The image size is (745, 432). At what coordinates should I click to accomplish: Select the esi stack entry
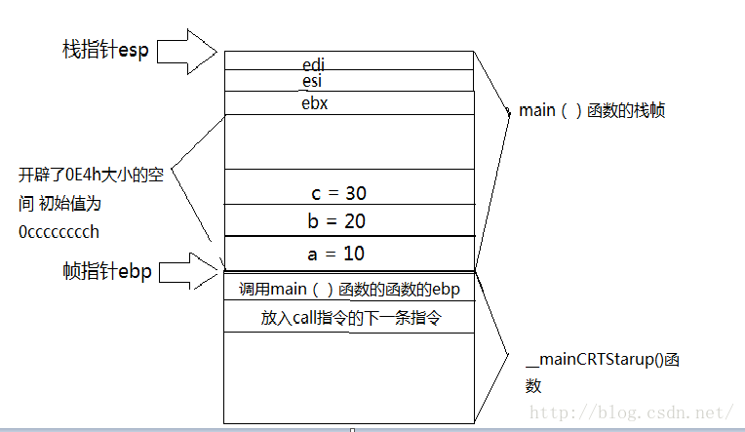[312, 82]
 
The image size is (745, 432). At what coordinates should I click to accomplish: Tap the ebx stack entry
[314, 102]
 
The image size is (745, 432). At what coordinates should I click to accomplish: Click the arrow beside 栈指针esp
[185, 50]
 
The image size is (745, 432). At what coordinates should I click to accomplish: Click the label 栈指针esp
[105, 51]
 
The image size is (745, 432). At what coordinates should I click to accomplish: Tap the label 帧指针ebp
[106, 272]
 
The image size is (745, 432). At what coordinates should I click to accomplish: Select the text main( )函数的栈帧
[592, 110]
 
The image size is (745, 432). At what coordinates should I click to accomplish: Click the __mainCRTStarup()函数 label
[602, 372]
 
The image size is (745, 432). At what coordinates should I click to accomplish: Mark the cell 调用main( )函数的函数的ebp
[348, 290]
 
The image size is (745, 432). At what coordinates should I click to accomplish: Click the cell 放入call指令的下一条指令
[347, 318]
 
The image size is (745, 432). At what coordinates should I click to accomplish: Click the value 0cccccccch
[59, 232]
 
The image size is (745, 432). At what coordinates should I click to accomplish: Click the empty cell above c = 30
[348, 141]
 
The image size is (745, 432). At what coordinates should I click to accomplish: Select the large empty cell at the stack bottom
[348, 377]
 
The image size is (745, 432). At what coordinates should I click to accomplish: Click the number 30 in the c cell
[355, 192]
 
